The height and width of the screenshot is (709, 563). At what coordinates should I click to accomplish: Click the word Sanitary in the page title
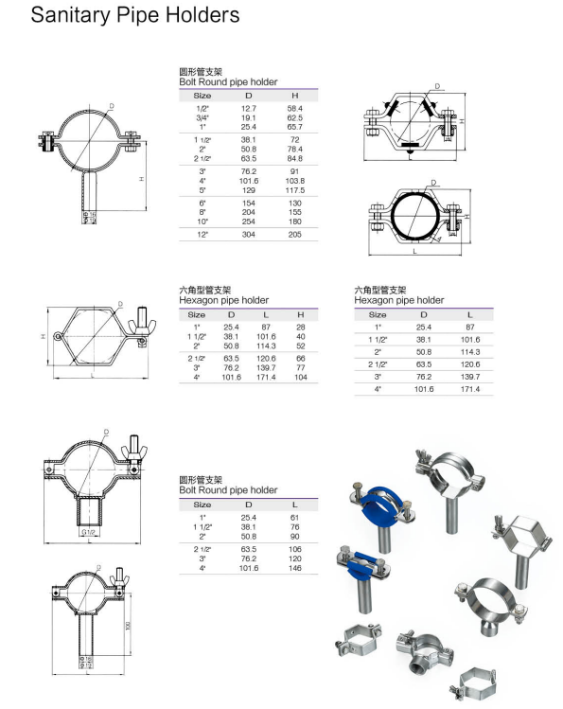coord(66,16)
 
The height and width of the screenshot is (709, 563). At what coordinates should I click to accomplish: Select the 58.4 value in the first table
coord(294,110)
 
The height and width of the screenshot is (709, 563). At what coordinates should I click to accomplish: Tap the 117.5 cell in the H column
coord(294,189)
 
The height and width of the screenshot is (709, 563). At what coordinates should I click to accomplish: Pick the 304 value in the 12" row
coord(249,234)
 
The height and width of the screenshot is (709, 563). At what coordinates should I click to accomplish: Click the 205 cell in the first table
coord(294,234)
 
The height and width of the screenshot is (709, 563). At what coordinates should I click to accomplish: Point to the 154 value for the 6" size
coord(249,204)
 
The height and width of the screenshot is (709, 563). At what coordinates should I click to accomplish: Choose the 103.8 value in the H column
coord(294,181)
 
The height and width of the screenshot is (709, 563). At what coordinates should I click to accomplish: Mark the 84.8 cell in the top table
coord(294,158)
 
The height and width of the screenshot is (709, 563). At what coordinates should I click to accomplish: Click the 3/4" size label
coord(202,118)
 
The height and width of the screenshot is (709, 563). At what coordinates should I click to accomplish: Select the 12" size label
coord(202,234)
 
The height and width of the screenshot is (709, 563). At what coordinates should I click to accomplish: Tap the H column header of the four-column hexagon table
coord(300,314)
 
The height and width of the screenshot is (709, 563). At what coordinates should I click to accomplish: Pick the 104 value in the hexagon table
coord(300,377)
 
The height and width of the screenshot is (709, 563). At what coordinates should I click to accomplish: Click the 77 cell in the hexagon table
coord(300,367)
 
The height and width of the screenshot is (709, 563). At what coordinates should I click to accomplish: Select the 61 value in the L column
coord(295,518)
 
